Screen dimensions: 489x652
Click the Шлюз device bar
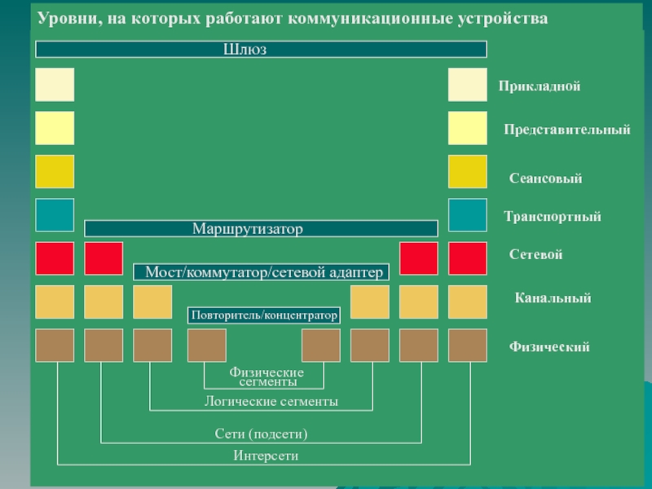tap(261, 50)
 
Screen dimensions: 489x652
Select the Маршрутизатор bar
tap(261, 229)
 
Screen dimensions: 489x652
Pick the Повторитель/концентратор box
tap(264, 315)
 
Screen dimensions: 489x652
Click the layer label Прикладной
tap(540, 86)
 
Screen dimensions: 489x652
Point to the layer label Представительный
tap(566, 130)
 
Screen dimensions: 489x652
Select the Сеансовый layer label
tap(545, 178)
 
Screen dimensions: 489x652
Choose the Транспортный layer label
tap(552, 217)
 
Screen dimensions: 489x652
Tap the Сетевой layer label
tap(535, 256)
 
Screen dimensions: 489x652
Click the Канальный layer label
tap(552, 299)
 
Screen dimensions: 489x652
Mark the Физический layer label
tap(548, 347)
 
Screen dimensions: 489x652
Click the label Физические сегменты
tap(266, 377)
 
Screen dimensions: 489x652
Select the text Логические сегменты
tap(271, 402)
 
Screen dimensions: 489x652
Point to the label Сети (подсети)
tap(261, 434)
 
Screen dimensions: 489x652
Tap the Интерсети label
tap(266, 456)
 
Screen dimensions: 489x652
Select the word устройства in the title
tap(501, 18)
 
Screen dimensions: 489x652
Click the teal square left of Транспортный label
tap(467, 215)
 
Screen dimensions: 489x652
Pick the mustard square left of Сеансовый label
tap(467, 172)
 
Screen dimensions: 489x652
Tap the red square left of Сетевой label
tap(467, 258)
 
